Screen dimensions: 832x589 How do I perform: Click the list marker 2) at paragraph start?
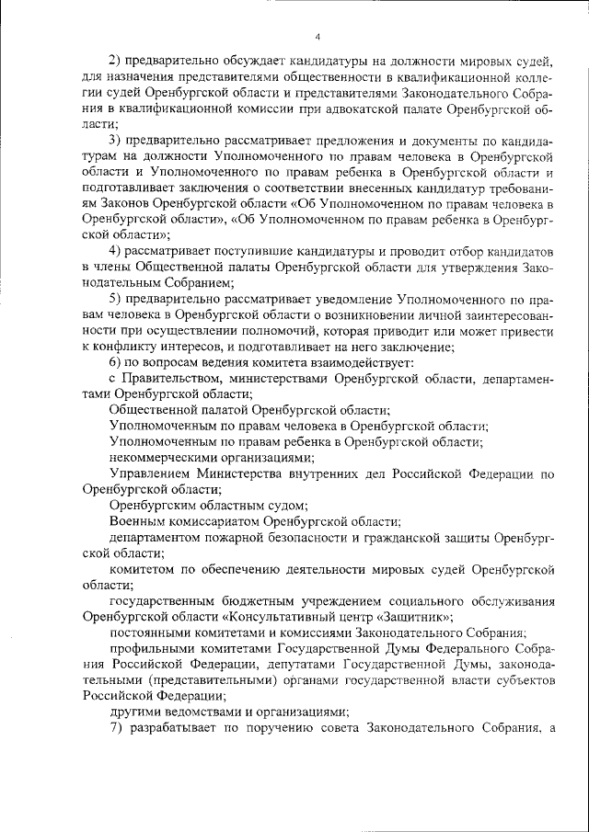point(117,61)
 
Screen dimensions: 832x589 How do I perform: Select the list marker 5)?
point(117,299)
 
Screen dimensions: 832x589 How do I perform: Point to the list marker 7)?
point(117,729)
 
